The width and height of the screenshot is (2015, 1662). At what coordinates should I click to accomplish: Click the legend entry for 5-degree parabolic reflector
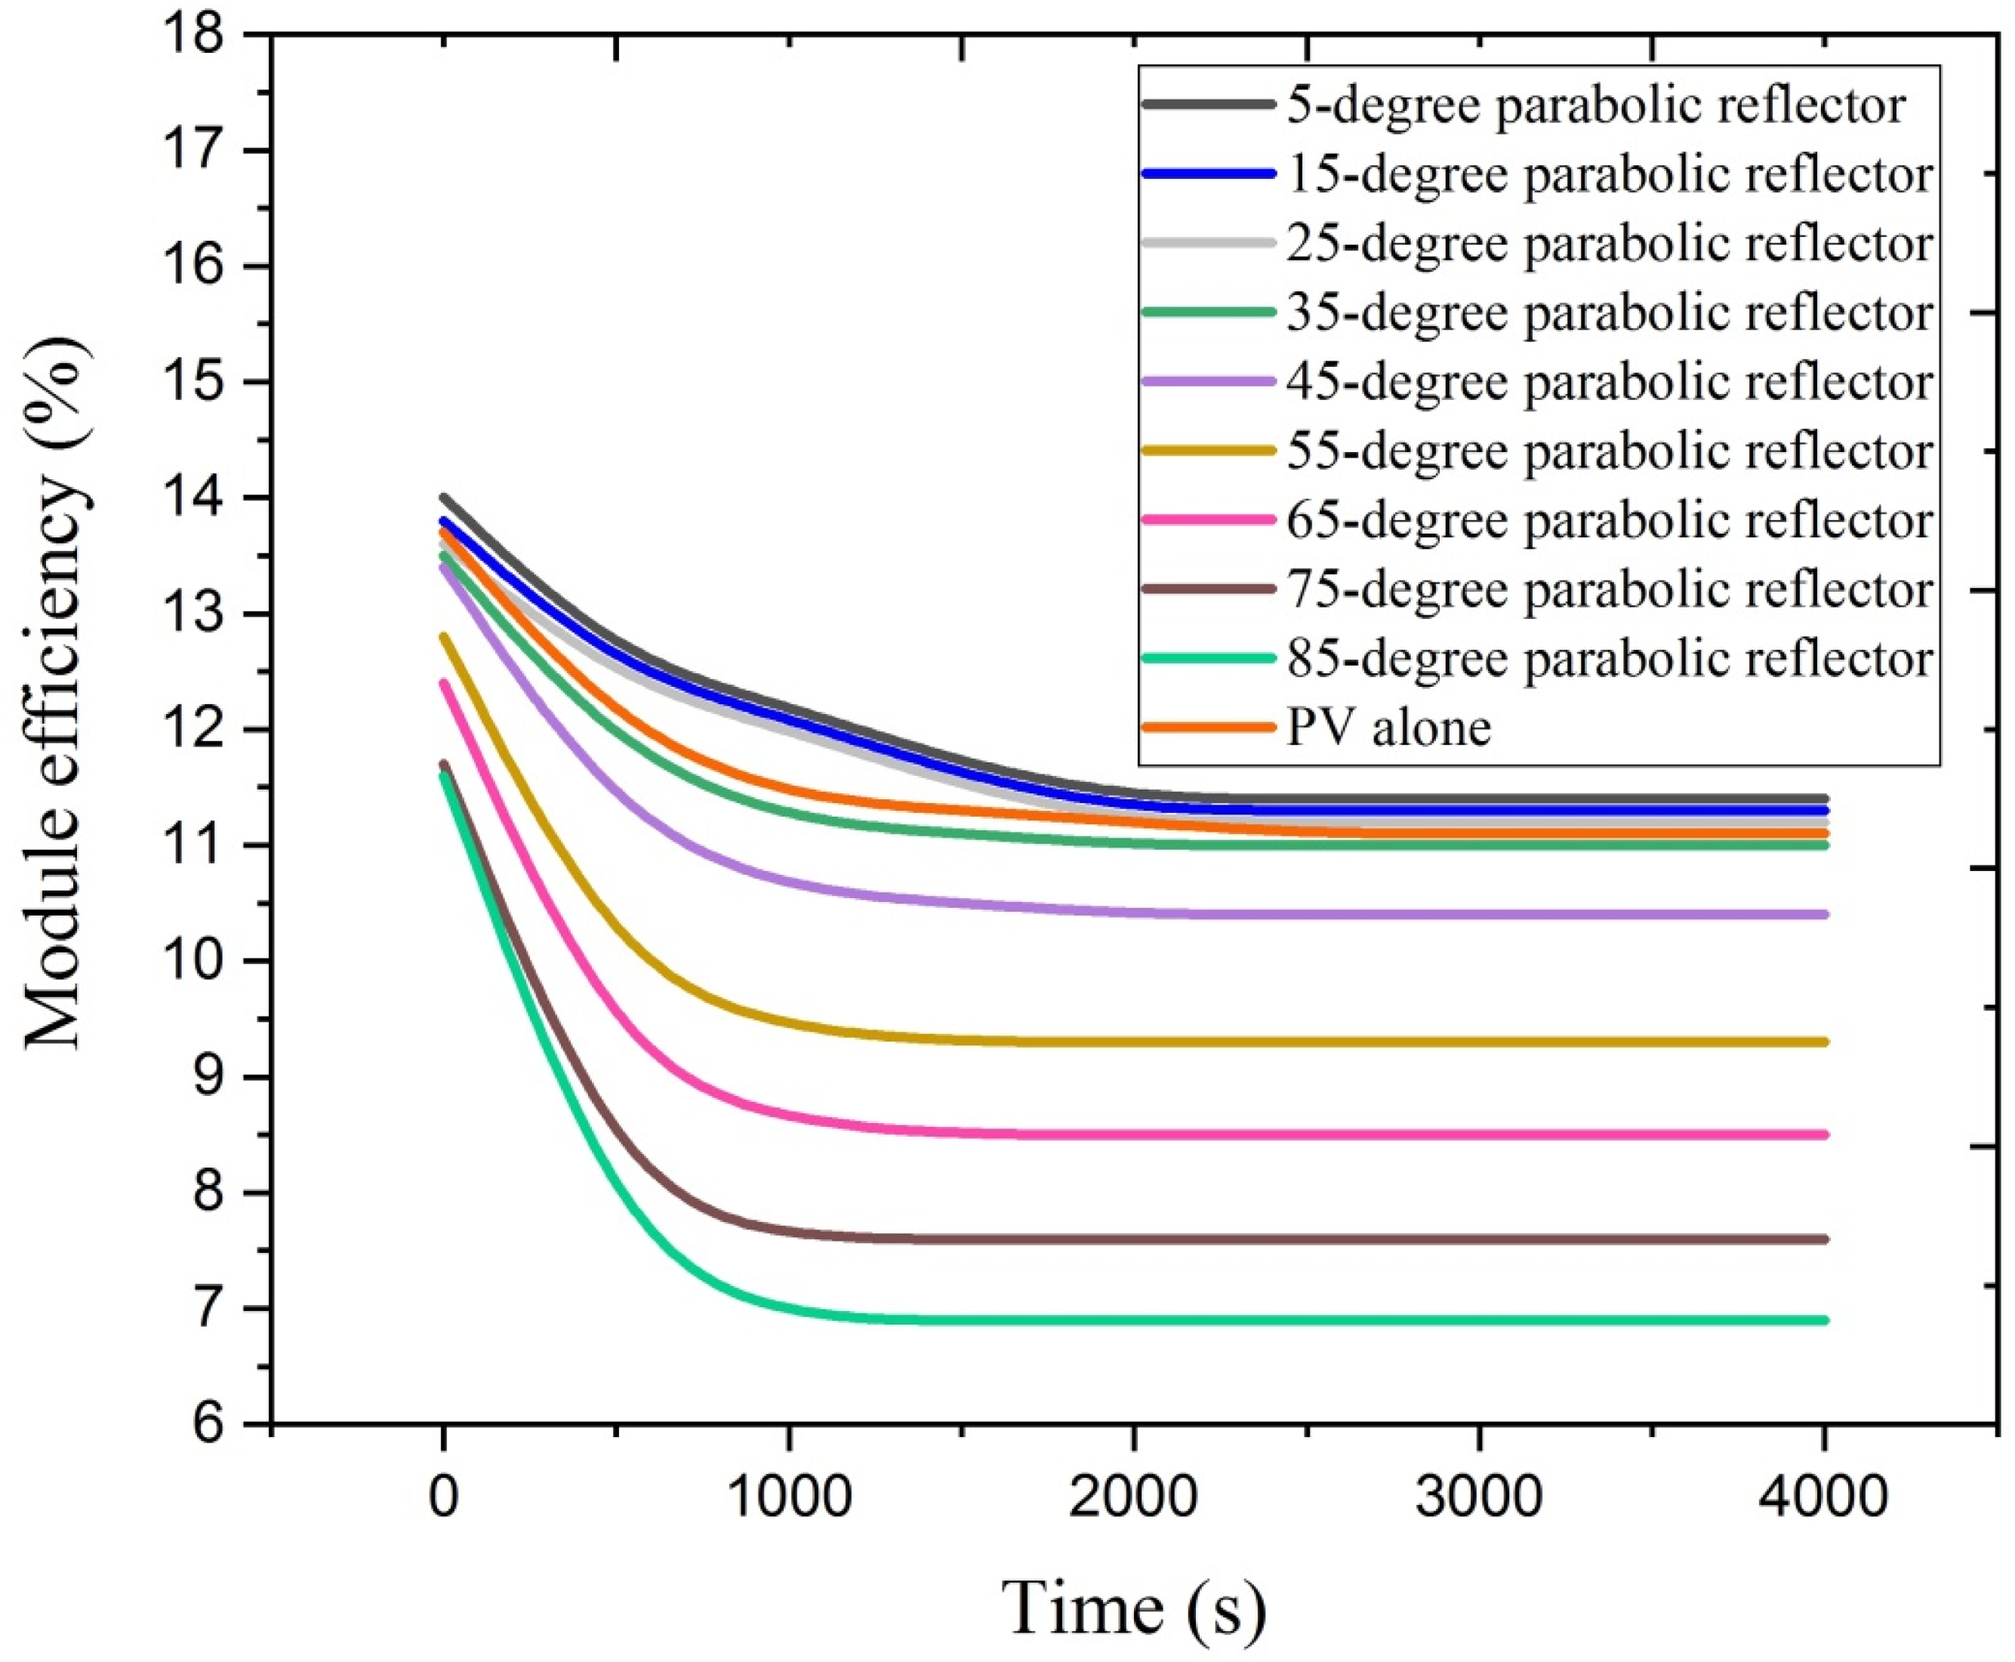(1595, 104)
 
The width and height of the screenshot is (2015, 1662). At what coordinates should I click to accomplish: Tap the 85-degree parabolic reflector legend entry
(1609, 658)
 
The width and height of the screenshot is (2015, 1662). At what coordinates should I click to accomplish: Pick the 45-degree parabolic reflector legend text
(1609, 381)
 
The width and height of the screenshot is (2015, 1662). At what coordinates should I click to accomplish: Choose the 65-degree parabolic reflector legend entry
(1609, 520)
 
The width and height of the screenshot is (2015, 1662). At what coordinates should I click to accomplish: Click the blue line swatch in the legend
(1208, 174)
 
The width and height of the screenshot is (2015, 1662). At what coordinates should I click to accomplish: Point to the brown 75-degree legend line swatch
(1208, 589)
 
